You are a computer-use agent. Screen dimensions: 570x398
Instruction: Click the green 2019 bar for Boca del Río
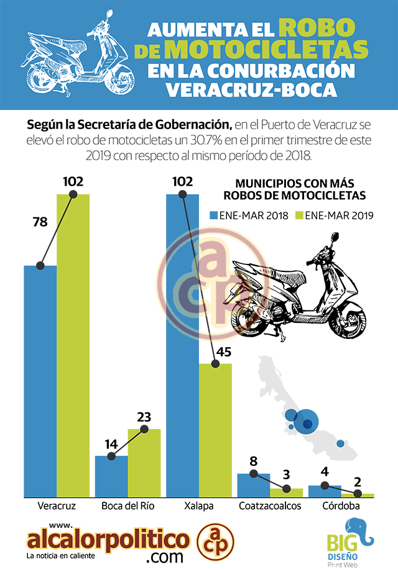click(144, 463)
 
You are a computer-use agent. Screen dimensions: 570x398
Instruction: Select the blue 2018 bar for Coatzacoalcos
click(254, 485)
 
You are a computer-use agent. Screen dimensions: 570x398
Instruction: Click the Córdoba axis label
click(340, 506)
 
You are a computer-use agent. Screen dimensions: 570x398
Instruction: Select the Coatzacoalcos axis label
click(270, 506)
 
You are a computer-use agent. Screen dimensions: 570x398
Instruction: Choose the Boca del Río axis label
click(127, 506)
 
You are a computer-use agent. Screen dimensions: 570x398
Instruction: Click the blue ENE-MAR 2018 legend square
click(213, 216)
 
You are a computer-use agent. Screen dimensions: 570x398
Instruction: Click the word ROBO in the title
click(317, 28)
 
